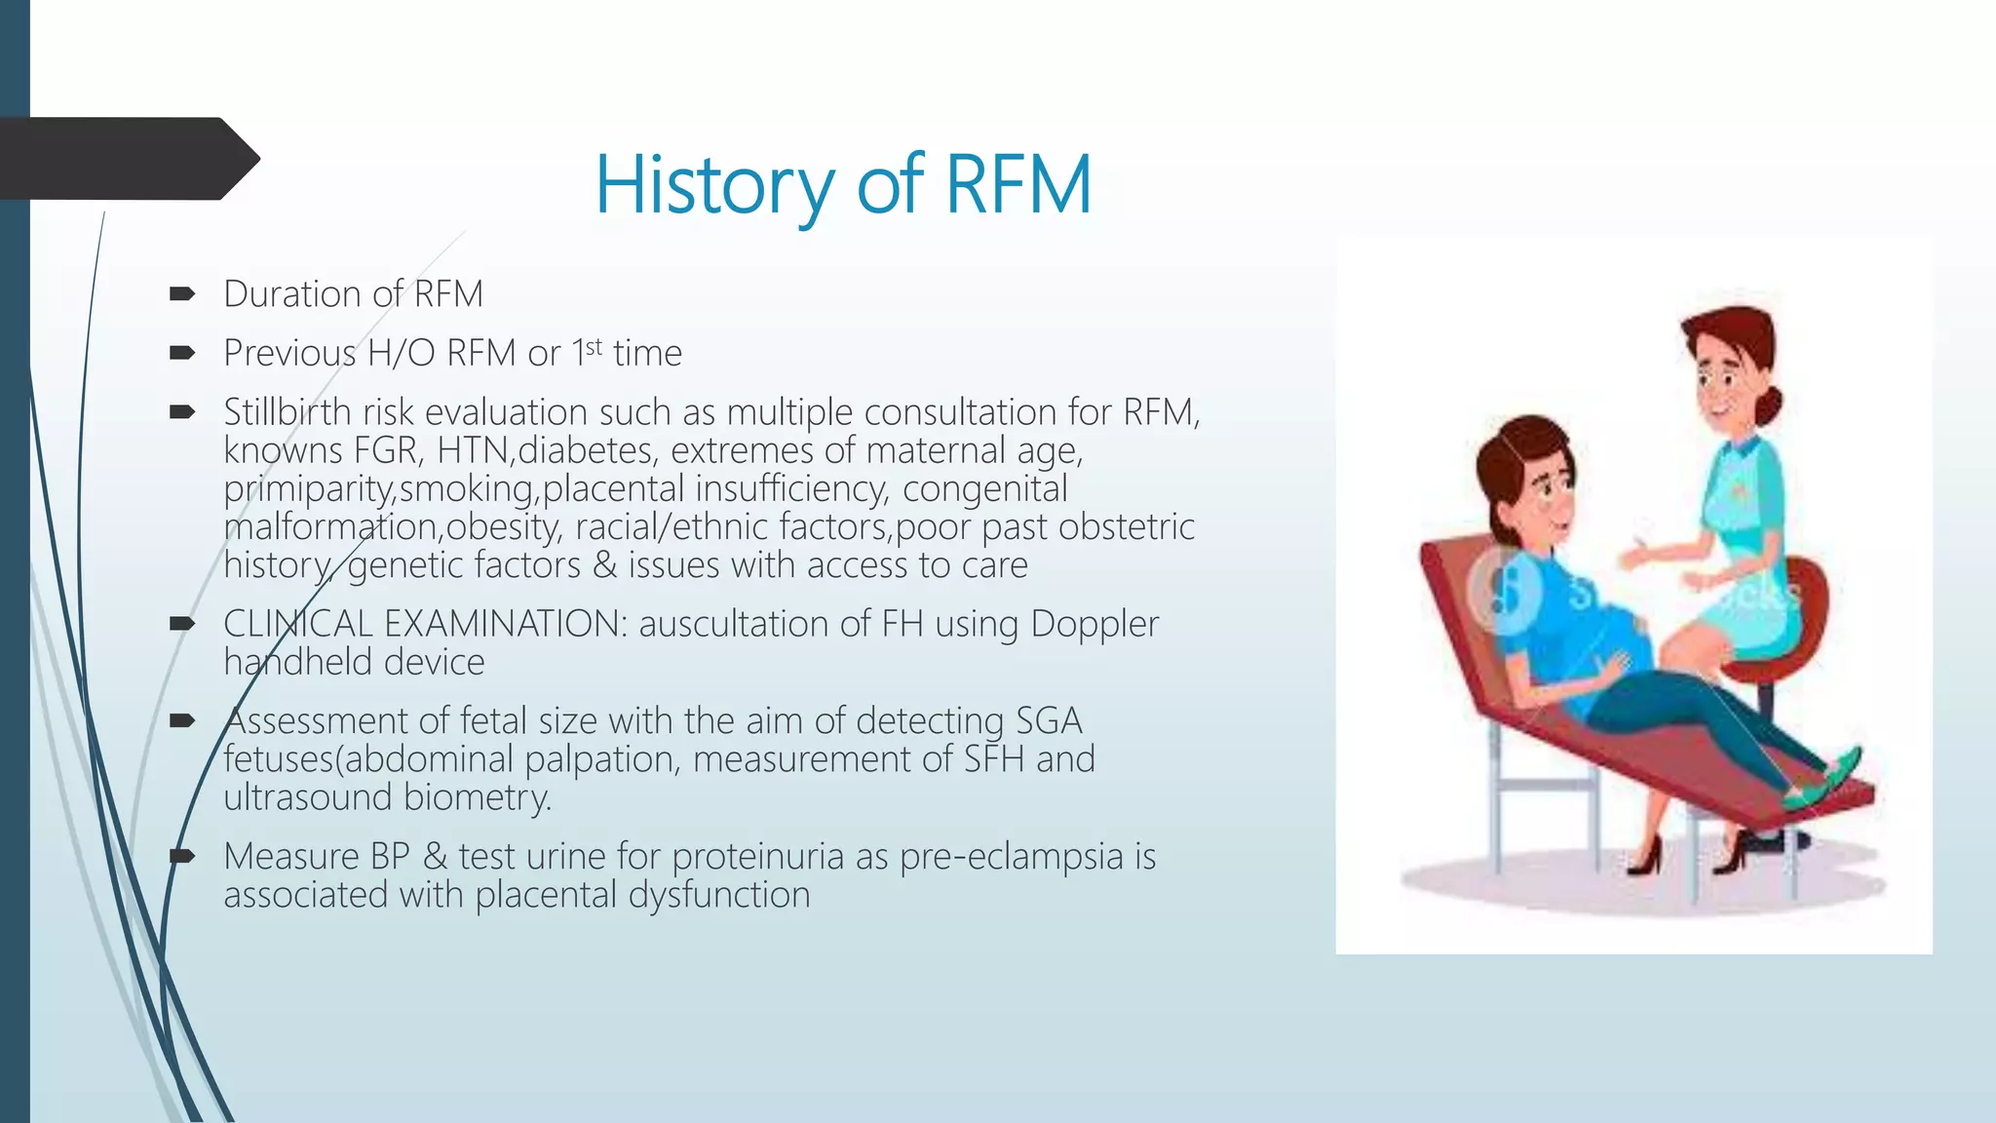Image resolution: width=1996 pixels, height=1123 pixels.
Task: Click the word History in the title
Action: pos(714,185)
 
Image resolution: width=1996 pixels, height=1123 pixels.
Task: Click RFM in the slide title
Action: pos(1017,185)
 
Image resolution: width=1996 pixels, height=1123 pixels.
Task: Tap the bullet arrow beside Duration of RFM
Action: pos(182,294)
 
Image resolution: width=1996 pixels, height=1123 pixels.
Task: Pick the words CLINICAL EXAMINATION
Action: pos(425,624)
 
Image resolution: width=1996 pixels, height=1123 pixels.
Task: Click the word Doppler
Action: pos(1094,624)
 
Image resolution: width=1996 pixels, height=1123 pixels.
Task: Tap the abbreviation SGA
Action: pos(1049,721)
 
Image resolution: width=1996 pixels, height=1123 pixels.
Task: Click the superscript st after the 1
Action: pos(594,346)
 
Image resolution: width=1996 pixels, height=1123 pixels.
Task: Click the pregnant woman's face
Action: pos(1551,497)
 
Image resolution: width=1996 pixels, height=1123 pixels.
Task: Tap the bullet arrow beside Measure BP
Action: pos(182,857)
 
